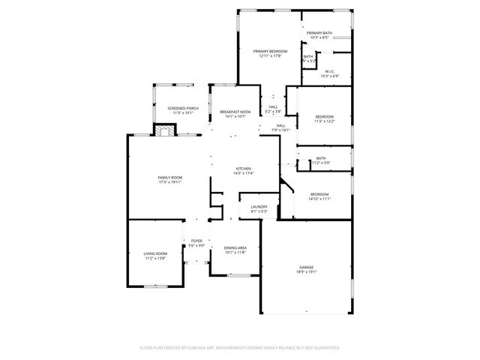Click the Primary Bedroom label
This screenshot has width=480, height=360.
(270, 51)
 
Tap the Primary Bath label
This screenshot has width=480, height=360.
(319, 33)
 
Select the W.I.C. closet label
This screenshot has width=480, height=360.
(329, 72)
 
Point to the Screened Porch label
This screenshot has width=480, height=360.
(182, 108)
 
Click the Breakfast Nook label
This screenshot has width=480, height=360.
(235, 112)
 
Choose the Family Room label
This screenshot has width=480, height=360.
(170, 177)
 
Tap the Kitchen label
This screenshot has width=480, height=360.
(243, 169)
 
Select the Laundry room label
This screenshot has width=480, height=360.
(259, 206)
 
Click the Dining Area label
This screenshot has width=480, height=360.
(235, 247)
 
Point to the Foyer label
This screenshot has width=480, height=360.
(196, 241)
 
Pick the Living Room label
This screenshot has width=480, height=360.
(155, 253)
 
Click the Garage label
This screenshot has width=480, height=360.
(306, 268)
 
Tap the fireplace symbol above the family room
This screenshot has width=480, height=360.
(165, 130)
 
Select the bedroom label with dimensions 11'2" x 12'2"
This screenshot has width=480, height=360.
(324, 116)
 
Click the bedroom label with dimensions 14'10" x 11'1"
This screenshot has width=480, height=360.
(319, 194)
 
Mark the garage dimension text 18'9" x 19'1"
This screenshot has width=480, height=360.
(306, 272)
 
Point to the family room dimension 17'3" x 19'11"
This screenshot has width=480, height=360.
(170, 181)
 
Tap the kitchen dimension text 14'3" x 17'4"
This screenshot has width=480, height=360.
(243, 173)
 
